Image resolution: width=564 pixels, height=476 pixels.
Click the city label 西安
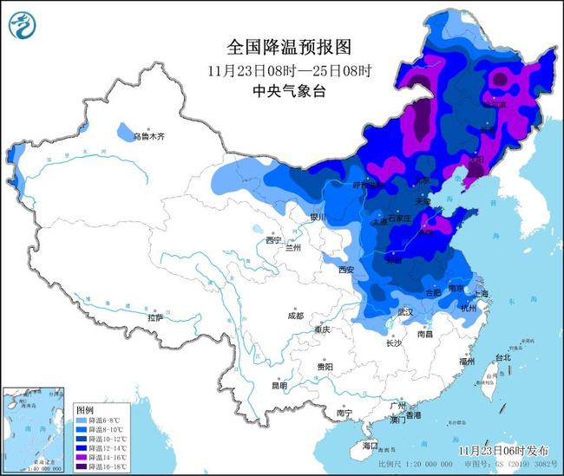tap(346, 271)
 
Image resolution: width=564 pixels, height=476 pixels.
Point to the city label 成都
tap(294, 316)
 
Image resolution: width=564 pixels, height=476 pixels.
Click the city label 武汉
tap(405, 311)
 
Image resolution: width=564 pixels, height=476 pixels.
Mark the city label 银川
tap(318, 218)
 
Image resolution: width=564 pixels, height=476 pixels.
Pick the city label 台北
tap(502, 356)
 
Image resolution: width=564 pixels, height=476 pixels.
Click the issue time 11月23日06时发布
tap(503, 451)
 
